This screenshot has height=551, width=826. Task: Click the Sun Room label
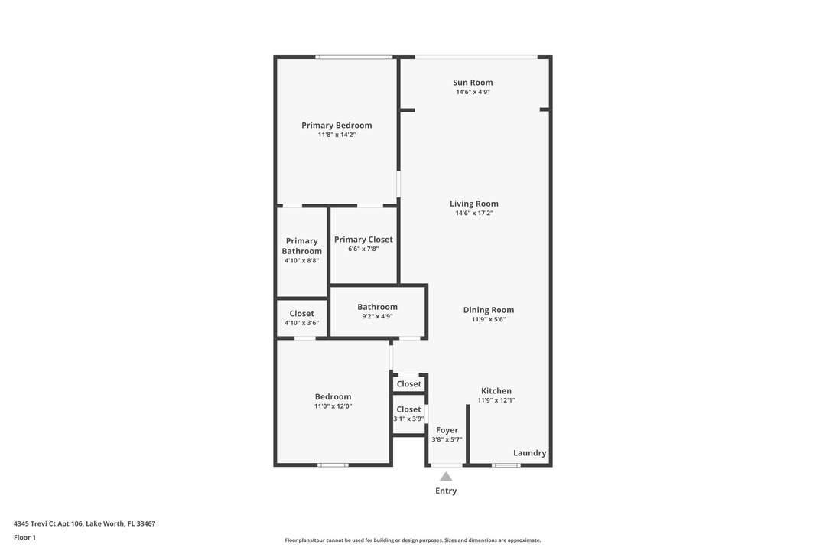[473, 82]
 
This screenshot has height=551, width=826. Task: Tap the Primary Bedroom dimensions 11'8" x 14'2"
[337, 135]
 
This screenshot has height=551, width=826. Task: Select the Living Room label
[473, 204]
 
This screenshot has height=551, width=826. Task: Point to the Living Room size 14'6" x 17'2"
[473, 213]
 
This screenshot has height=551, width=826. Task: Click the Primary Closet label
[363, 240]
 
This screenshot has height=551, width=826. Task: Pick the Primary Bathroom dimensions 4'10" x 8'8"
[301, 260]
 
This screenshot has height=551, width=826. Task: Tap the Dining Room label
[488, 310]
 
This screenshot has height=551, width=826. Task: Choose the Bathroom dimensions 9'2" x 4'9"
[377, 316]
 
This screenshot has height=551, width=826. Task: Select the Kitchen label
[496, 391]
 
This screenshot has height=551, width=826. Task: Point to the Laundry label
[529, 453]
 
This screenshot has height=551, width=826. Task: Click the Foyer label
[447, 430]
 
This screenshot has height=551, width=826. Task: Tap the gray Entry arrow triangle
[446, 477]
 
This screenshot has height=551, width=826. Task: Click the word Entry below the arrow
[446, 491]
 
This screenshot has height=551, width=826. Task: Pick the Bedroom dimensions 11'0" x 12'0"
[333, 406]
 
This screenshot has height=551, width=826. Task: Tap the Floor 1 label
[24, 537]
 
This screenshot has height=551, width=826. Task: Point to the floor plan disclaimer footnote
[412, 540]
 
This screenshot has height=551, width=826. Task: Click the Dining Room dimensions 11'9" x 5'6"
[488, 319]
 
